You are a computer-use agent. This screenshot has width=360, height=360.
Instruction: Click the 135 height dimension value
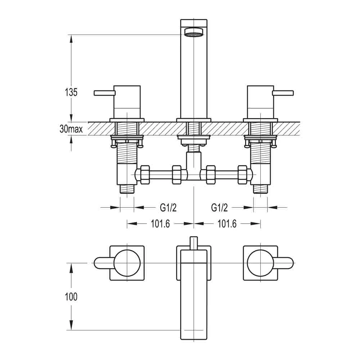(x=71, y=92)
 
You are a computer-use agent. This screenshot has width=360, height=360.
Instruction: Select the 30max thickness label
(x=71, y=129)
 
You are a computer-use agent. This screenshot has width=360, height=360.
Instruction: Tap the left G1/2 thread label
(x=168, y=207)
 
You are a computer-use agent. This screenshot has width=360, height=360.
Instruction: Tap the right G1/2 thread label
(x=220, y=207)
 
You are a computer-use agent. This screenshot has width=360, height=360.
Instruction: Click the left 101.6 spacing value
(x=160, y=224)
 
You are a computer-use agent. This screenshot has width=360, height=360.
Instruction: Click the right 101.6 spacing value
(x=227, y=224)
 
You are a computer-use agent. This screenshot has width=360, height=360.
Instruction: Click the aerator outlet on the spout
(x=193, y=34)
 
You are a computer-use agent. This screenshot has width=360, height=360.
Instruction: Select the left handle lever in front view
(x=104, y=93)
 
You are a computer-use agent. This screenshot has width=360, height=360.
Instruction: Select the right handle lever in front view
(x=283, y=93)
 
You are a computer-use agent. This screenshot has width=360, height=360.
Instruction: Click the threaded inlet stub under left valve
(x=127, y=189)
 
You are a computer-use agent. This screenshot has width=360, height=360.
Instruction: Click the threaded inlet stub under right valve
(x=260, y=189)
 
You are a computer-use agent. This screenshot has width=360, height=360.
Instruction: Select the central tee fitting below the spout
(x=194, y=166)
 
